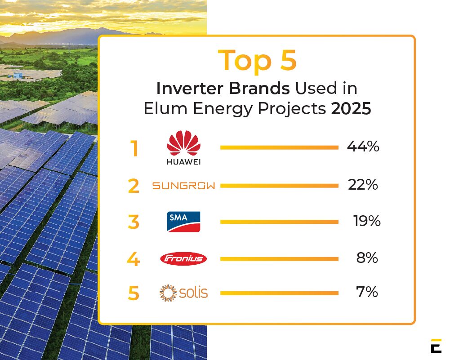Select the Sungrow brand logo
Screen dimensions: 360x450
(183, 186)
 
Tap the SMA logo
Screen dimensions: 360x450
(183, 222)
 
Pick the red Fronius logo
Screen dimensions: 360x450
(183, 259)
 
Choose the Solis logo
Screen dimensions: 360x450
(183, 293)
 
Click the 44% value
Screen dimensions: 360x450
(363, 147)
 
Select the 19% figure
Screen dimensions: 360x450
(367, 221)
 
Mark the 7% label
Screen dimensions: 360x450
(367, 292)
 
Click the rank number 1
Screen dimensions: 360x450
(134, 149)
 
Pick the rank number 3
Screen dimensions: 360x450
(134, 222)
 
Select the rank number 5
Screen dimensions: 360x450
(134, 293)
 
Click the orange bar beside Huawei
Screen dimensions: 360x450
(279, 147)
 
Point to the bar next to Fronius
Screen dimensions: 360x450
(279, 259)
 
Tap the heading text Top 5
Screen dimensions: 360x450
(257, 61)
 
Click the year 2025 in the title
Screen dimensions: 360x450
(351, 109)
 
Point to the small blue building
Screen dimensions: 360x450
(18, 76)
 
